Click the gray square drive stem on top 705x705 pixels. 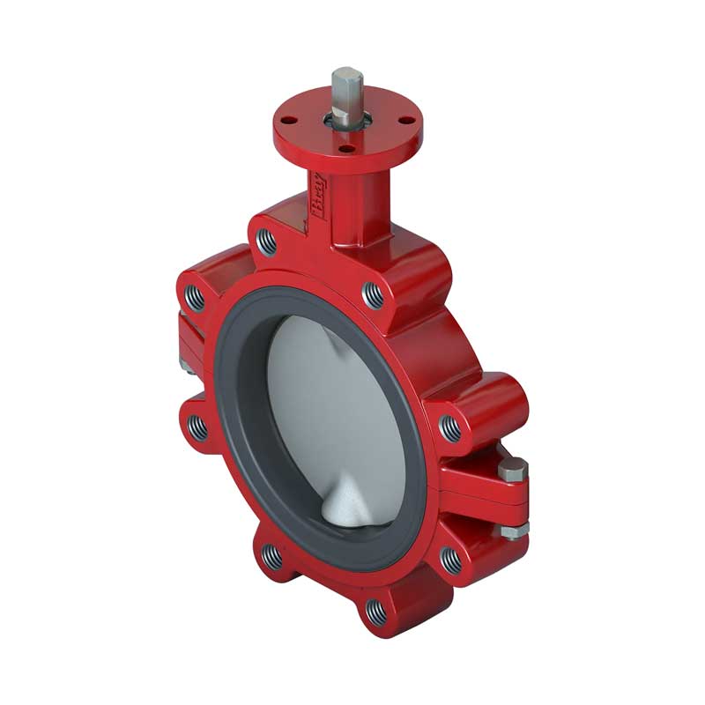click(x=347, y=88)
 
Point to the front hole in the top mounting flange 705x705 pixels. click(x=345, y=149)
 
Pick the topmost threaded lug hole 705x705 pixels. click(x=265, y=241)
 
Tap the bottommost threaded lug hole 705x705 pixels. click(x=375, y=609)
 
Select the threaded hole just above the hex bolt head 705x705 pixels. click(x=450, y=428)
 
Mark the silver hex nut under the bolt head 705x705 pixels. click(x=515, y=530)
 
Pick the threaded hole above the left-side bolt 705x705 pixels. click(x=197, y=298)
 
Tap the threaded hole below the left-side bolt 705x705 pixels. click(x=198, y=428)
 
